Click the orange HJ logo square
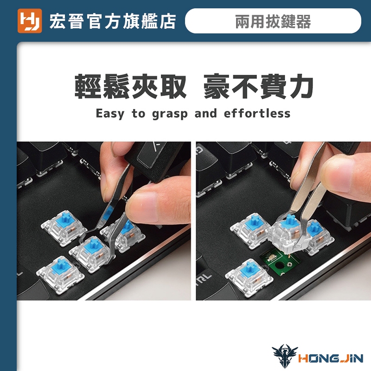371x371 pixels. tap(30, 21)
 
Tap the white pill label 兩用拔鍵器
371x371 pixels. tap(273, 21)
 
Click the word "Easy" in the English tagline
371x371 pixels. tap(110, 114)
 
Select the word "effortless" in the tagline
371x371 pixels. tap(257, 113)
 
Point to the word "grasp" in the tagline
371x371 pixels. tap(170, 114)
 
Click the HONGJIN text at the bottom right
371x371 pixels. tap(331, 358)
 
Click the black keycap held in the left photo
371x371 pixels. tap(156, 161)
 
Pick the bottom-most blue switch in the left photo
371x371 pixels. tap(60, 274)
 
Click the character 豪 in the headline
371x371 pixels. tap(216, 86)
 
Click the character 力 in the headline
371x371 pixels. tap(301, 86)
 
